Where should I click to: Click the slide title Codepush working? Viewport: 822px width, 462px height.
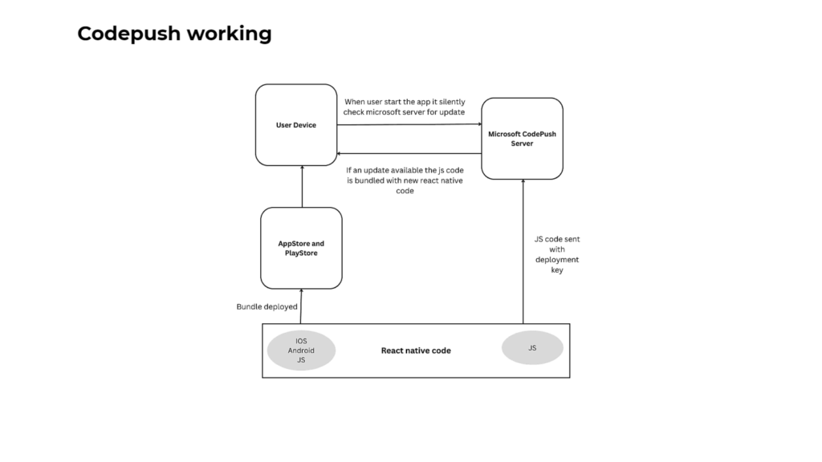point(174,34)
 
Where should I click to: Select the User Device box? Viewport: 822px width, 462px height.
point(296,124)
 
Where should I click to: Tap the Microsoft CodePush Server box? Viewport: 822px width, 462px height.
point(522,138)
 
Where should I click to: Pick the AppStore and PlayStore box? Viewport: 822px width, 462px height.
point(302,248)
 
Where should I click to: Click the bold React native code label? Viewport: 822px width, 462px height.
point(416,351)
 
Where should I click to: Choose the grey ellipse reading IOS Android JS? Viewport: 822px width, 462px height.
point(301,351)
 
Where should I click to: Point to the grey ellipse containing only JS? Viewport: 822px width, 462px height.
point(532,348)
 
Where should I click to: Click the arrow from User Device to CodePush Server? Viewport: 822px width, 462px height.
point(409,124)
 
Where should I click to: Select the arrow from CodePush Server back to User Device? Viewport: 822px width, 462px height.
point(409,153)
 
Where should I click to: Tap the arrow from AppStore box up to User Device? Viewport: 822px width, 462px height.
point(302,186)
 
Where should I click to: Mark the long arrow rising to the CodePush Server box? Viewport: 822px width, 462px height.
point(523,251)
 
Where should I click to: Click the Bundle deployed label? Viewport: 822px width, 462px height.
point(267,306)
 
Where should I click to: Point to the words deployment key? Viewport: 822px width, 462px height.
point(557,265)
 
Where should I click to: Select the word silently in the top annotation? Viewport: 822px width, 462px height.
point(452,102)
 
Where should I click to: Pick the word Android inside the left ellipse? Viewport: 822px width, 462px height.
point(301,351)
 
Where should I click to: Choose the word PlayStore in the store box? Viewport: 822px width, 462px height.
point(302,253)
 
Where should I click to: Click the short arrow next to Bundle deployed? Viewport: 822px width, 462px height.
point(301,306)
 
